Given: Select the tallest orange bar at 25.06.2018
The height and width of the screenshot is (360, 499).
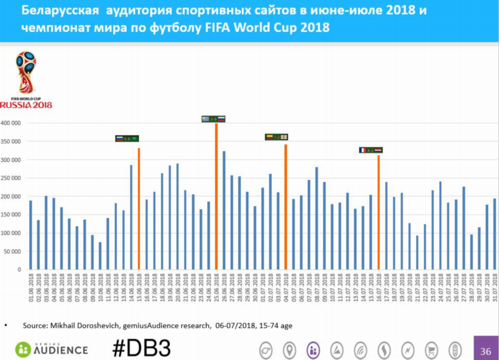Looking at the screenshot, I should click(216, 196).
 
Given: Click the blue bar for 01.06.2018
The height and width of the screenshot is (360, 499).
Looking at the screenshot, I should click(30, 235).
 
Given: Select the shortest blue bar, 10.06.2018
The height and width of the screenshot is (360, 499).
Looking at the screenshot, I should click(100, 256).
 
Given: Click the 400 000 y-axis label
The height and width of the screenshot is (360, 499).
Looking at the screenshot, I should click(11, 123).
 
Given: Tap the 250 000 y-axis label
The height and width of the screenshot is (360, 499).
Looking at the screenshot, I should click(11, 178).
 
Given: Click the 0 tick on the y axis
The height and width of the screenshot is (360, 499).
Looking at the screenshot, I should click(19, 270).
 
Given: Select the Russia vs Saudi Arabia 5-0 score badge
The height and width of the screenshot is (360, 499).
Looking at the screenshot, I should click(127, 139).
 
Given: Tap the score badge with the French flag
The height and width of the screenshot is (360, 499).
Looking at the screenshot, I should click(370, 150).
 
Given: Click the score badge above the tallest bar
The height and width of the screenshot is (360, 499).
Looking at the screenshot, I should click(213, 119).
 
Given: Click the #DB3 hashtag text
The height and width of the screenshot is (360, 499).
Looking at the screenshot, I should click(141, 348).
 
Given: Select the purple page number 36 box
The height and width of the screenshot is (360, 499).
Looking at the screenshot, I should click(486, 351).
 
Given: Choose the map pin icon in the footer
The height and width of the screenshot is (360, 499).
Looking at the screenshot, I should click(289, 350).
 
